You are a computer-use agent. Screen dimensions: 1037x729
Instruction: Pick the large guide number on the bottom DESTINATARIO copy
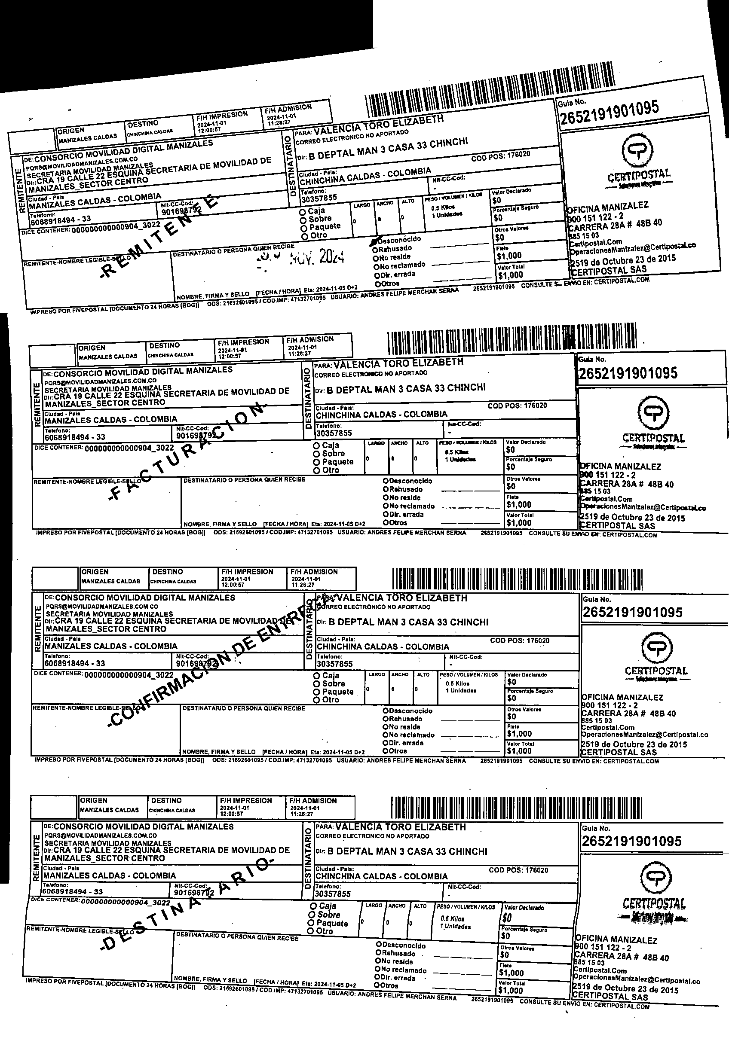(x=631, y=842)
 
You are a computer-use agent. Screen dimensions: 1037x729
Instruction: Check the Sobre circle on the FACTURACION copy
(x=317, y=454)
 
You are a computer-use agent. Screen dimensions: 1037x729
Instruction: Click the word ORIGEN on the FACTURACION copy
(x=92, y=348)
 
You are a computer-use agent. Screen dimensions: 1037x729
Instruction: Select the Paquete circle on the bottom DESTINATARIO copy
(x=311, y=924)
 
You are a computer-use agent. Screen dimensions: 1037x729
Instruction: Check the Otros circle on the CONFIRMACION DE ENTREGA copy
(x=386, y=751)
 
